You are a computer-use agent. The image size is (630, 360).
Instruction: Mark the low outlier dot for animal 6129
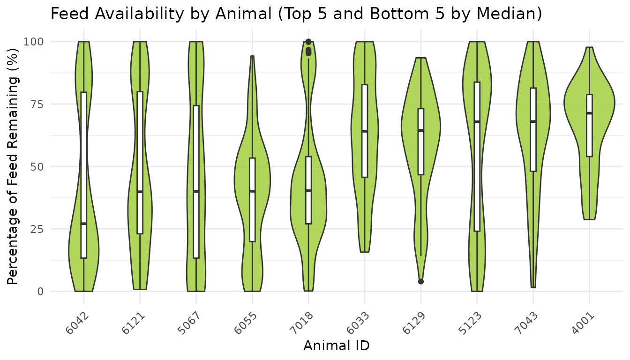tap(421, 281)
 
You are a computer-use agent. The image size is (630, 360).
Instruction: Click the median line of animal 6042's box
tap(84, 224)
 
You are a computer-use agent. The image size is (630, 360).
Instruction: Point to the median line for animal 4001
tap(589, 113)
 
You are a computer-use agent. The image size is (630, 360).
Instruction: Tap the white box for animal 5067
tap(196, 141)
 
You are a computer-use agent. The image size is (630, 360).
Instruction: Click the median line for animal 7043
tap(533, 121)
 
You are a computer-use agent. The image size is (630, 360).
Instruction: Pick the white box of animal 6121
tap(140, 141)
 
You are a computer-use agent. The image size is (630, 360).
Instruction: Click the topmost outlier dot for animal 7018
tap(308, 42)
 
